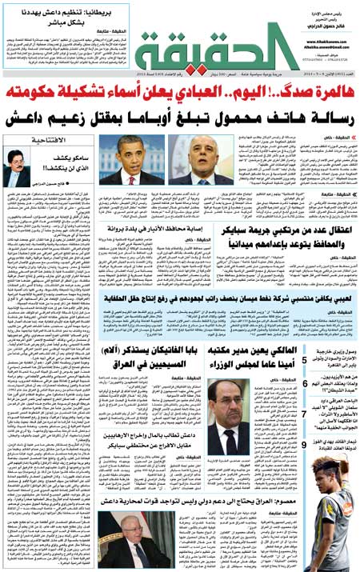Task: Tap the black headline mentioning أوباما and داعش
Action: click(179, 117)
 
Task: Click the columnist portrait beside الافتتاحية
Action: click(17, 167)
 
